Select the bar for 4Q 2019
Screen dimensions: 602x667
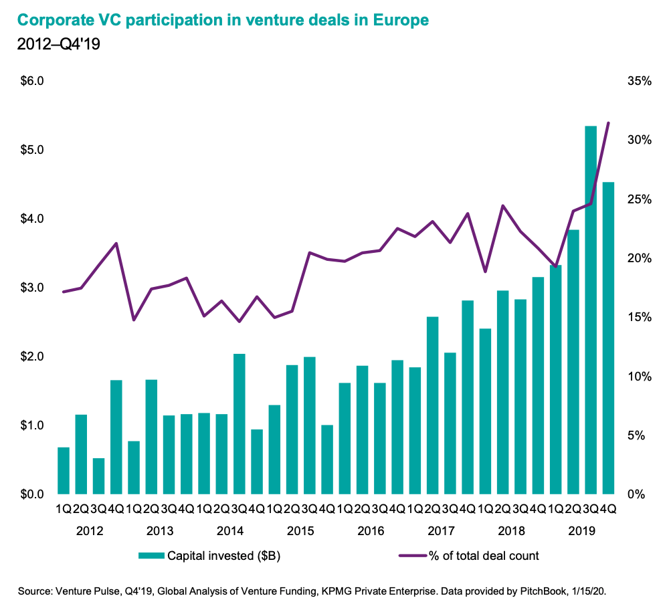click(608, 338)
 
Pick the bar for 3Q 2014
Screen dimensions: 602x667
click(240, 423)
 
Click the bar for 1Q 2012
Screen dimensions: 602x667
click(64, 470)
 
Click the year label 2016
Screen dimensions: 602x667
click(371, 531)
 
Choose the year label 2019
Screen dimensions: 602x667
click(581, 531)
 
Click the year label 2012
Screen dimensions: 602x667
click(90, 531)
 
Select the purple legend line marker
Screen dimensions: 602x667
click(411, 555)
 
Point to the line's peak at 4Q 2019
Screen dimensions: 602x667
click(608, 123)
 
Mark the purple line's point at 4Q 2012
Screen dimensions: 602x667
click(116, 243)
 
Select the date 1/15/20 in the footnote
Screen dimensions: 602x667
click(591, 591)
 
